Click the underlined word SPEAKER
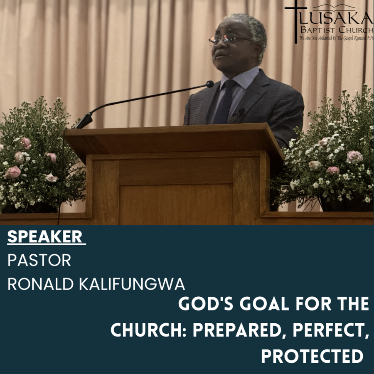pos(44,236)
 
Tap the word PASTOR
pos(39,260)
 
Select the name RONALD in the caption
pos(41,284)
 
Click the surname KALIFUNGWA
pos(132,284)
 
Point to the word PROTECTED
pos(312,357)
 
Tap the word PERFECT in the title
pos(331,330)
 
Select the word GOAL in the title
pos(264,304)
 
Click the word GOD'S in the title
pos(206,304)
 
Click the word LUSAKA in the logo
pos(336,18)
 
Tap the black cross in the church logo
pos(296,21)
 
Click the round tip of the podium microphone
pos(210,84)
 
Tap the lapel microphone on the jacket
pos(240,112)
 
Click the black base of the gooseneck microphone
pos(84,121)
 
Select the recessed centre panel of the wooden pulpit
pos(175,204)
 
